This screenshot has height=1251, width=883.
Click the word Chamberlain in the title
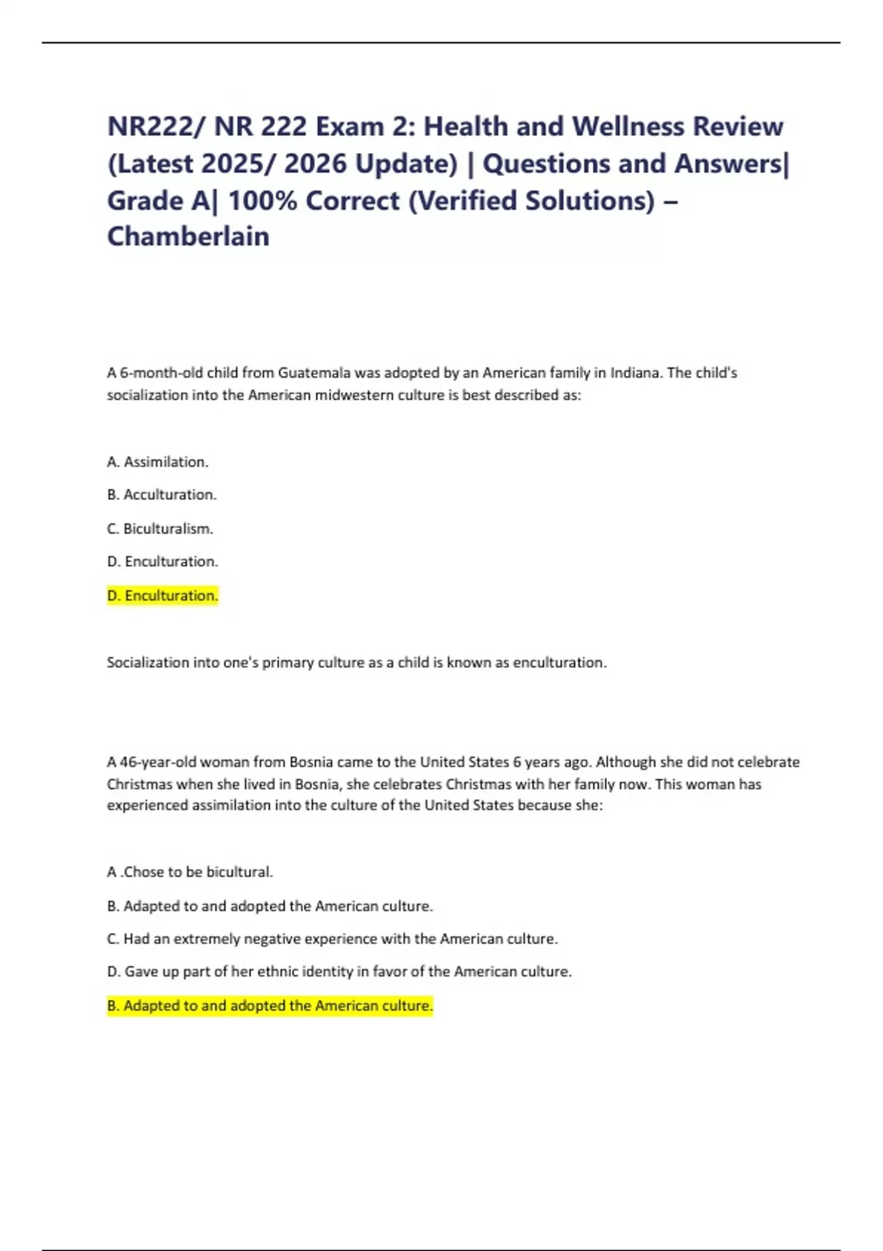188,236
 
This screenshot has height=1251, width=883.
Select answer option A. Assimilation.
157,461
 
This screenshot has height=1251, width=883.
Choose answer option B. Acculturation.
162,495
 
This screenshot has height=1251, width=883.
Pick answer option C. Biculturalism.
160,528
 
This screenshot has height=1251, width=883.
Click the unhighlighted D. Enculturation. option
163,561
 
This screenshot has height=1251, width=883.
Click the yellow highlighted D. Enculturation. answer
163,595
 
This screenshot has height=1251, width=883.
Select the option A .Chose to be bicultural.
190,872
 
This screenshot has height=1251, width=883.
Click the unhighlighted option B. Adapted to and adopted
270,906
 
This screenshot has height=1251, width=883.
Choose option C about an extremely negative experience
333,939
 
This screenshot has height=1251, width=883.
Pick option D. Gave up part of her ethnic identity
339,971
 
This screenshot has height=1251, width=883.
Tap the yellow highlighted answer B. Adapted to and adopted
270,1005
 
